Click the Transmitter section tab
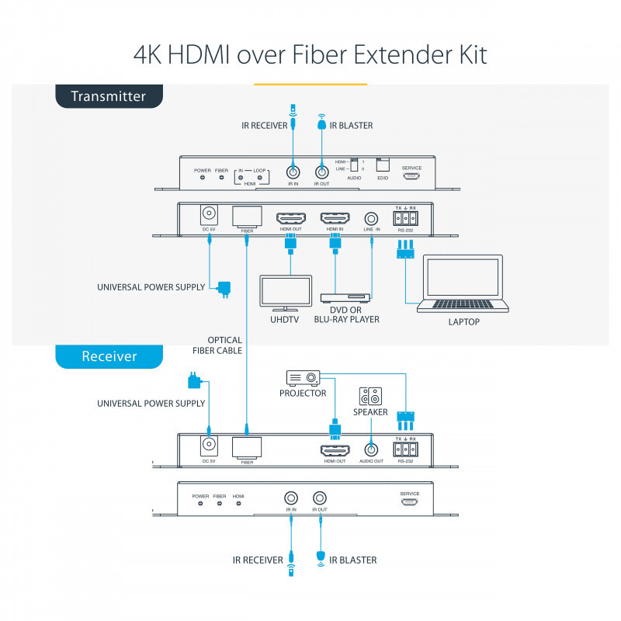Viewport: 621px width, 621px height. click(109, 97)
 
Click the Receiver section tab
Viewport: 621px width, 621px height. click(109, 356)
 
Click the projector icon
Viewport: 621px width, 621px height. click(303, 378)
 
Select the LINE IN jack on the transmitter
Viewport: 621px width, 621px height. click(372, 218)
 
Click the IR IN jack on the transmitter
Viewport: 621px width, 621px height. click(293, 174)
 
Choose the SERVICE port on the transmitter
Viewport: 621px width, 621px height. click(411, 176)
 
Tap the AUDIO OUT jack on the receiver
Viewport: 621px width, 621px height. click(370, 449)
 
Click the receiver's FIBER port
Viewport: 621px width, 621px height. click(247, 446)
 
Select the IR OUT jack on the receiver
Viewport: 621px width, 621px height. click(320, 498)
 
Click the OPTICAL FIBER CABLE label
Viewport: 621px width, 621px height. click(225, 345)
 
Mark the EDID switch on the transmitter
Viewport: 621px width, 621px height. click(381, 165)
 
